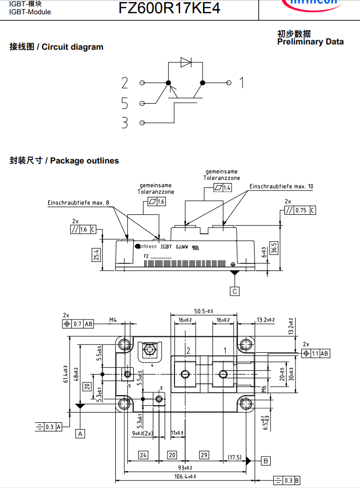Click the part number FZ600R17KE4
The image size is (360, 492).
161,8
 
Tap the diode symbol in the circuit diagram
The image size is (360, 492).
186,62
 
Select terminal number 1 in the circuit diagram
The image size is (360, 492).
241,83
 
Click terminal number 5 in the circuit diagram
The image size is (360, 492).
125,103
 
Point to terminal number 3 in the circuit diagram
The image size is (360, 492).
125,123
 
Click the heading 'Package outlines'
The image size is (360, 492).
85,161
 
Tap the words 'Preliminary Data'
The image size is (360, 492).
310,42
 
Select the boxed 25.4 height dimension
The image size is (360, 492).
96,255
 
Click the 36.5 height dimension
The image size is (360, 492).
273,248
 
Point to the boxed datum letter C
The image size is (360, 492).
235,291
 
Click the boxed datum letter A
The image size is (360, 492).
80,433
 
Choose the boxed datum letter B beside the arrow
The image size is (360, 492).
266,461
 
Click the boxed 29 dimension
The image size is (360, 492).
204,455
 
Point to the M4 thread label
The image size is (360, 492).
113,320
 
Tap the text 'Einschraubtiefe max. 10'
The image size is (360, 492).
281,187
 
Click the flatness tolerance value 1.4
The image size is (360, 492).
227,188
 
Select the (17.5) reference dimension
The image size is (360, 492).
235,457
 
